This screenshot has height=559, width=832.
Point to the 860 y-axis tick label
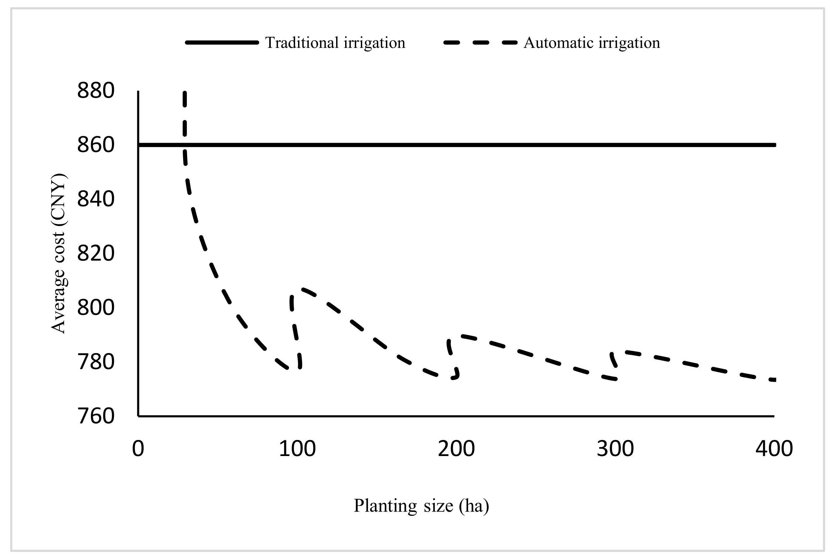(x=96, y=145)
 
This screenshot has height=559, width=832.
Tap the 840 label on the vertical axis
(x=96, y=199)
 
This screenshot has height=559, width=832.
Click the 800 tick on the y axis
(x=96, y=308)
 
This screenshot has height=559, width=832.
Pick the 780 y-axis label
(x=96, y=362)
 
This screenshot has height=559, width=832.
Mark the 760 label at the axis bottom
(x=96, y=416)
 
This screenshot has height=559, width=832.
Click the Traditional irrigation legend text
(x=335, y=43)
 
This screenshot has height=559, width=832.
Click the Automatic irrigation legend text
(x=591, y=43)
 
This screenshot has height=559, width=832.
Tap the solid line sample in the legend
(x=222, y=43)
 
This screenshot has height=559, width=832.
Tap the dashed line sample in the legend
(x=480, y=43)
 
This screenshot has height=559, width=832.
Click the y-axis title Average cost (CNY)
(x=58, y=253)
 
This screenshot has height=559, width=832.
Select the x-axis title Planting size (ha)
(x=421, y=506)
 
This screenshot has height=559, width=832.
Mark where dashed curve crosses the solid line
(x=184, y=145)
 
